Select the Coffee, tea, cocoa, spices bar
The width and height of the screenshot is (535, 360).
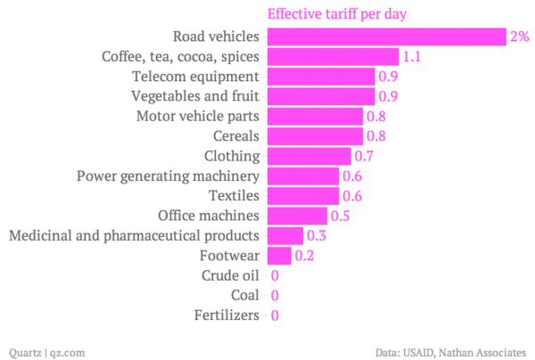pos(333,57)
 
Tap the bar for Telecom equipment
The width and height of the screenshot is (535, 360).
pos(320,77)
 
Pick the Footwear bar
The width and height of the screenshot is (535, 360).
pos(279,256)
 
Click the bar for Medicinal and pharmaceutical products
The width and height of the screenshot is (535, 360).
pos(284,236)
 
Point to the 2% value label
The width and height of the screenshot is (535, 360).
pos(519,37)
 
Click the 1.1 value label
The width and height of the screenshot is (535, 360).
pos(411,57)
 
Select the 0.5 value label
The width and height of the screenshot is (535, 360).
pos(340,216)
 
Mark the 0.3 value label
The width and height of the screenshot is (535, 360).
pos(316,236)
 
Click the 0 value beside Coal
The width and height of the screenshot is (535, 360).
pos(276,295)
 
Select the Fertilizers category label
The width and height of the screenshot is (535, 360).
pos(226,315)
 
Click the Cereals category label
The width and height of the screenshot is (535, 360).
pos(236,136)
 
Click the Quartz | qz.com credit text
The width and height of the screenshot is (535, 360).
pos(45,351)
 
